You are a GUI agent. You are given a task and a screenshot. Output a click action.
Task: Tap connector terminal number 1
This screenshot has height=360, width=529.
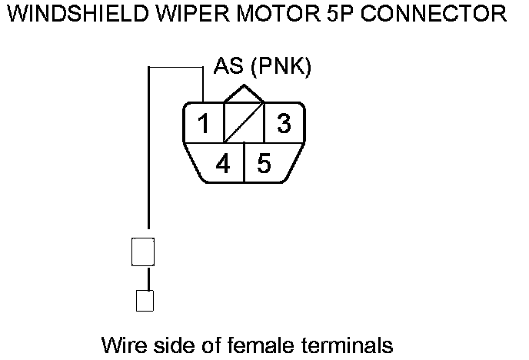point(202,124)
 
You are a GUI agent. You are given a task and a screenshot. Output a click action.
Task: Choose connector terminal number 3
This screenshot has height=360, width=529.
point(284,124)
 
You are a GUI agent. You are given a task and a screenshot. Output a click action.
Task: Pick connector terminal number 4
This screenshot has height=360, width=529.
point(222,163)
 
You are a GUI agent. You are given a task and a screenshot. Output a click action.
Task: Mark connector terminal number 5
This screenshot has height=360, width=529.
point(264,163)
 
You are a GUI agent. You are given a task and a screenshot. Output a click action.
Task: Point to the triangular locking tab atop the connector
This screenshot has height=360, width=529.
point(243,94)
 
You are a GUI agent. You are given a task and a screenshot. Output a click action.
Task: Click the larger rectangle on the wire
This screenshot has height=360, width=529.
point(144,252)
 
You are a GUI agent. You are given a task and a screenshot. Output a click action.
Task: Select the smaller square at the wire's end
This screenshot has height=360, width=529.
point(144,299)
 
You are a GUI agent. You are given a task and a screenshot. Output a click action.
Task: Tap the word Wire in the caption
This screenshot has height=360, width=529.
point(121,343)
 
